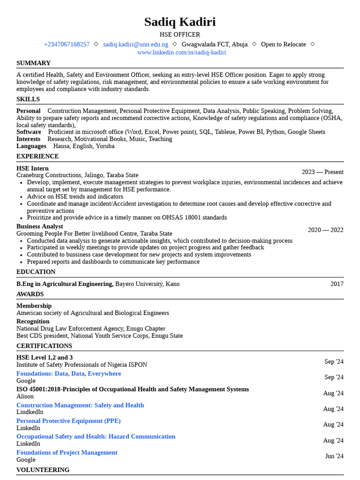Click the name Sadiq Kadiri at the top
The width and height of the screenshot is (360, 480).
point(180,22)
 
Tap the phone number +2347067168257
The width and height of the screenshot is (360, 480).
point(67,45)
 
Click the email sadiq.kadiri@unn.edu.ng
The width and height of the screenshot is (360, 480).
point(135,45)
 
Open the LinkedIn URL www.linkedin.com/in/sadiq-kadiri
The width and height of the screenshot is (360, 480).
point(181,52)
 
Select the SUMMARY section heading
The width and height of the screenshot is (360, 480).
point(33,63)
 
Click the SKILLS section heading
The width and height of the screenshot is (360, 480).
point(28,99)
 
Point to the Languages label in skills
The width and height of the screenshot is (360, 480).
point(31,146)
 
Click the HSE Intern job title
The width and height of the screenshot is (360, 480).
point(32,168)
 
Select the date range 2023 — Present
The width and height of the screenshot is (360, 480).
point(322,172)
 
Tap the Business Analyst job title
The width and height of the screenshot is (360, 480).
point(39,226)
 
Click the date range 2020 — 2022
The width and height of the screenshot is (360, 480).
point(325,230)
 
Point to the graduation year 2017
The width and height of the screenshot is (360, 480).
point(337,284)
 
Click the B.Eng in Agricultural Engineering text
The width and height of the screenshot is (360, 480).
point(65,284)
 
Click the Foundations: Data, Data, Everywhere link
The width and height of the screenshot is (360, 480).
point(68,374)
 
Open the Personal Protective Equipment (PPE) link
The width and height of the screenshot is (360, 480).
point(68,421)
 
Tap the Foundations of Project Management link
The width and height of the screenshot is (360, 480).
point(67,453)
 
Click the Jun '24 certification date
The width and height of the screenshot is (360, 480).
point(334,456)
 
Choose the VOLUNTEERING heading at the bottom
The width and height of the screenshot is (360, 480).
point(43,470)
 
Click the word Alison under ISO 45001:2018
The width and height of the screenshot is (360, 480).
point(25,397)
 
